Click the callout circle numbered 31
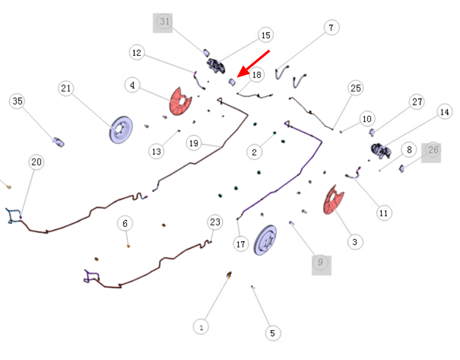(x=164, y=21)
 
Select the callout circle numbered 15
(x=266, y=35)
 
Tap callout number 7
(x=332, y=27)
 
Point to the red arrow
(x=253, y=64)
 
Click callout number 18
(x=257, y=75)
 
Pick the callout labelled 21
(x=66, y=88)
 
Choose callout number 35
(x=17, y=101)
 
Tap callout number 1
(x=201, y=327)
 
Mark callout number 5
(x=273, y=333)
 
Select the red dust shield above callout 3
(x=333, y=199)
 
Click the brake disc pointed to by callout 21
(x=121, y=130)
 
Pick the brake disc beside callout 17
(x=265, y=240)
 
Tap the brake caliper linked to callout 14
(x=380, y=151)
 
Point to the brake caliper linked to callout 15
(x=216, y=66)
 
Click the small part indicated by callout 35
(x=58, y=142)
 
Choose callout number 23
(x=215, y=222)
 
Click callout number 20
(x=37, y=162)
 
